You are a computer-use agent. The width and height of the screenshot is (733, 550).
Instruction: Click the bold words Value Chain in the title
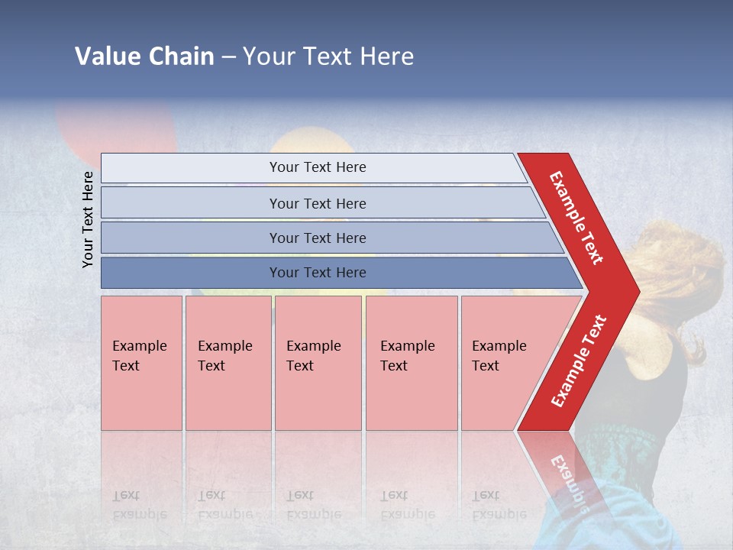pyautogui.click(x=144, y=57)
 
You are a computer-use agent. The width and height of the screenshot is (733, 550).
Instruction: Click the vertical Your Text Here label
pyautogui.click(x=88, y=219)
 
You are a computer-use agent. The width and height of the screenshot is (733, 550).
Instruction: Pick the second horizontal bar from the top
pyautogui.click(x=318, y=203)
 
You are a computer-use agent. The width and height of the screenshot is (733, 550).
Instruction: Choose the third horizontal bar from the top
pyautogui.click(x=318, y=238)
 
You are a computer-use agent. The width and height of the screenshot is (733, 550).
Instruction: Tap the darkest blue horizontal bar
pyautogui.click(x=318, y=273)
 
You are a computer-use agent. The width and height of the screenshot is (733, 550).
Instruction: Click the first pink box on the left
pyautogui.click(x=141, y=362)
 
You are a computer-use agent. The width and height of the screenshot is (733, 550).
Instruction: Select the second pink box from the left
pyautogui.click(x=228, y=362)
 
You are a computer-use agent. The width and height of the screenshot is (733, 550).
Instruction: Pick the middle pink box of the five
pyautogui.click(x=318, y=362)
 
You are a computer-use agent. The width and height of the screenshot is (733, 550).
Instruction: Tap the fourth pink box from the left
pyautogui.click(x=412, y=362)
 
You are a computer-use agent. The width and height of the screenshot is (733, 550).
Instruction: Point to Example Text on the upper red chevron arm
pyautogui.click(x=576, y=218)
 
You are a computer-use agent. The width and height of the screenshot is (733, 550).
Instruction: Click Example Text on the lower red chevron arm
pyautogui.click(x=579, y=361)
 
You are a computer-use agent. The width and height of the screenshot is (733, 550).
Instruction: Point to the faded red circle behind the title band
pyautogui.click(x=115, y=126)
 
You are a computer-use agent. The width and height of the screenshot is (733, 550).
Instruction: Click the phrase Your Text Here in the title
pyautogui.click(x=328, y=57)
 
